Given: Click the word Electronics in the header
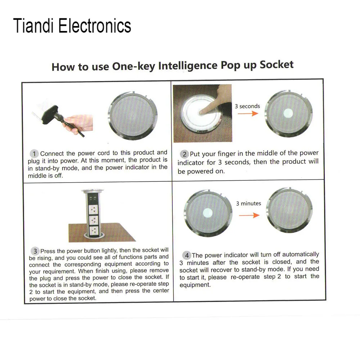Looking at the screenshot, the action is tap(95, 26).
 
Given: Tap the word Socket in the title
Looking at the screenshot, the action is tap(276, 64).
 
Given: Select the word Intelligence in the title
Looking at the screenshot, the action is tap(188, 66).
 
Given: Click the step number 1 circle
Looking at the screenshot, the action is tap(34, 154).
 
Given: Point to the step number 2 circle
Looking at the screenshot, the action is tap(184, 154).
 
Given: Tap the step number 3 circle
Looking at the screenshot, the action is tap(35, 251).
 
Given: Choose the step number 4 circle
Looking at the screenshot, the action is tap(186, 255).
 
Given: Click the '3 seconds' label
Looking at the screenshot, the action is tap(247, 106).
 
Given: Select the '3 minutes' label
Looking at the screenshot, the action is tap(248, 203).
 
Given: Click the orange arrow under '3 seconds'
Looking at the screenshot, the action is tap(248, 113).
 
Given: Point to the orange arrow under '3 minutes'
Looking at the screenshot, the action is tap(249, 215).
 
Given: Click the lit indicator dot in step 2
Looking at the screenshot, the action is tap(288, 113).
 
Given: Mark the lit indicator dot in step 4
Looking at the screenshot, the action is tap(208, 213).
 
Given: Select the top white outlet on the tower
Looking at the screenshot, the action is tap(94, 210).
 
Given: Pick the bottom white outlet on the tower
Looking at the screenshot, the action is tap(94, 231).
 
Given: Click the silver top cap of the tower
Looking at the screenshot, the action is tap(93, 191).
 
